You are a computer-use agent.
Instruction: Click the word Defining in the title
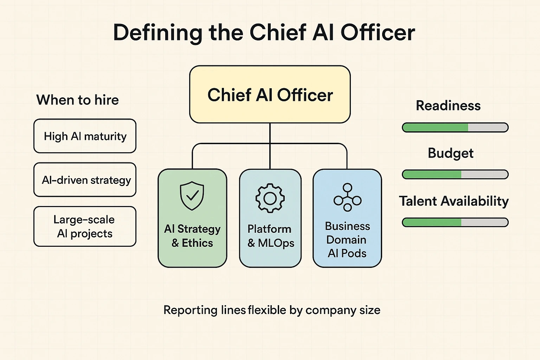point(157,33)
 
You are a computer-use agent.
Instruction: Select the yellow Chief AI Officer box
point(270,94)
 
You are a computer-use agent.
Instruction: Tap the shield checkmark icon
point(192,196)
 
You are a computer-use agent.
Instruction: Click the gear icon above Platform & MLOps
point(270,198)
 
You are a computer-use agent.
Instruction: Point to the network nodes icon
point(347,197)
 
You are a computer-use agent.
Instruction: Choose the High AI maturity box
point(85,136)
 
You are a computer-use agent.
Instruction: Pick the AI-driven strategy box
point(85,180)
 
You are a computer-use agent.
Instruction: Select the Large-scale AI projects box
point(85,226)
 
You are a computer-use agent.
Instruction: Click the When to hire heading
point(77,100)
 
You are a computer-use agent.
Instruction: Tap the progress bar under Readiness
point(455,127)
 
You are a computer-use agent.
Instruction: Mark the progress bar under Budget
point(455,174)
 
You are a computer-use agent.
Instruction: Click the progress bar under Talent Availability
point(455,222)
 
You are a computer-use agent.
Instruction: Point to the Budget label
point(450,153)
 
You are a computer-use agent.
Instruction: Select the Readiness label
point(448,105)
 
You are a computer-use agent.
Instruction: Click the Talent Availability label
point(454,201)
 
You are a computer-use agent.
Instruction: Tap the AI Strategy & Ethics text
point(192,236)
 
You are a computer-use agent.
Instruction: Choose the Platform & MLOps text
point(270,236)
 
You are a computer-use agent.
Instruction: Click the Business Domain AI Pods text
point(347,239)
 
